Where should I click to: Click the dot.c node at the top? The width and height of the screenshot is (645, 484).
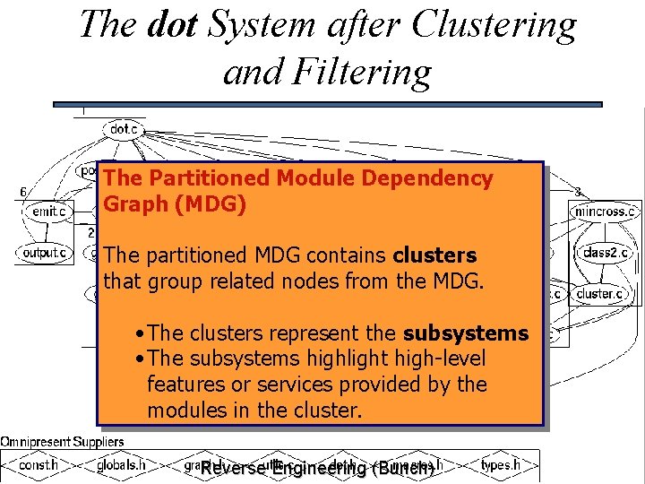pos(124,130)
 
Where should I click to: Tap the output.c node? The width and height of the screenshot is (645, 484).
pos(44,253)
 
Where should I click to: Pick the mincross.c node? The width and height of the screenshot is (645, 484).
pos(606,212)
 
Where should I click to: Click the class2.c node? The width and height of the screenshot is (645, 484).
pos(606,253)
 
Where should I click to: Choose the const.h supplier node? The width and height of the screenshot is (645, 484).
pos(39,465)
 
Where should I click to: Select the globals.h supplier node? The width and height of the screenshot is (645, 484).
pos(121,465)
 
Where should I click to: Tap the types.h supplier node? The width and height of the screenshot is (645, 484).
pos(500,465)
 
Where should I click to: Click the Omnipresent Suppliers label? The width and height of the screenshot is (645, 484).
pos(62,441)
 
